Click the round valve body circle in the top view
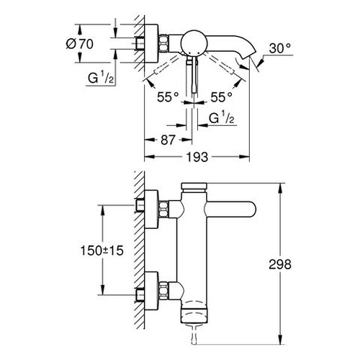[x=193, y=43]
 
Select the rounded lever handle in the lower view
[x=245, y=212]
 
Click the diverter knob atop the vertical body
[x=193, y=188]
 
